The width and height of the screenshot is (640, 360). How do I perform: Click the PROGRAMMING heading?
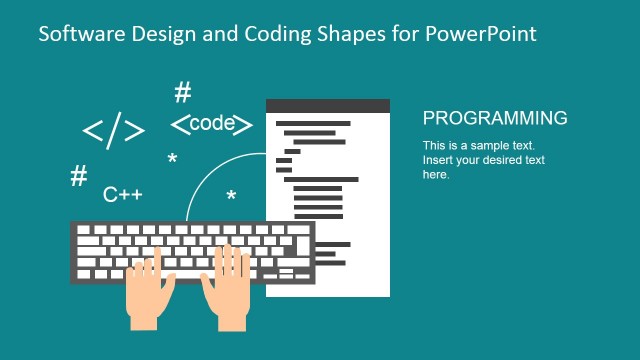click(x=495, y=118)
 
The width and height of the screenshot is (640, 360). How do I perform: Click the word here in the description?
click(x=436, y=174)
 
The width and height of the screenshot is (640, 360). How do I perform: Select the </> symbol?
click(x=113, y=131)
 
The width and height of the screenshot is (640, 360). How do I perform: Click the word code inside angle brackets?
click(x=211, y=124)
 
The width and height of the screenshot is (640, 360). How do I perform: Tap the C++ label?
click(x=123, y=194)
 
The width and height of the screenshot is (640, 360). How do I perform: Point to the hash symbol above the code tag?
click(x=182, y=94)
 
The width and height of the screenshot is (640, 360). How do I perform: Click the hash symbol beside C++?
click(x=78, y=177)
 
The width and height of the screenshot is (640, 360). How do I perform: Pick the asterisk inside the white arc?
click(x=231, y=196)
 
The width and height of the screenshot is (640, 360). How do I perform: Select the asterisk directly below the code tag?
click(x=173, y=159)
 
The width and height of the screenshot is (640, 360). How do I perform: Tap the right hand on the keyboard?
click(x=228, y=286)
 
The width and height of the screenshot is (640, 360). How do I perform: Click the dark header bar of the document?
click(x=327, y=106)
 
